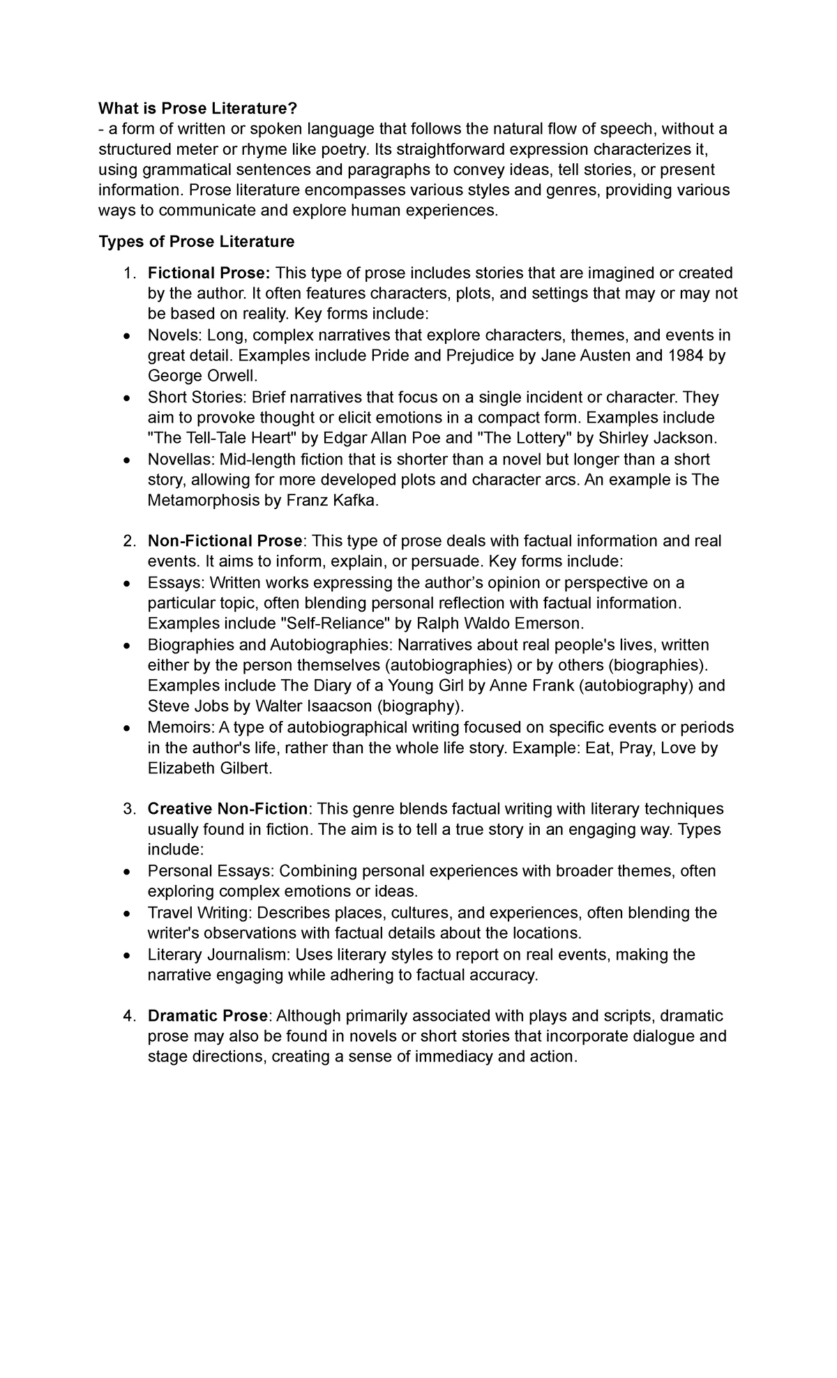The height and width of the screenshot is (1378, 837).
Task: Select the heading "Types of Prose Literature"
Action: pyautogui.click(x=197, y=242)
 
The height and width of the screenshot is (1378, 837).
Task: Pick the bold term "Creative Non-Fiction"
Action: pyautogui.click(x=227, y=809)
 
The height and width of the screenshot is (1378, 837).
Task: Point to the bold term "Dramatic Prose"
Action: pyautogui.click(x=208, y=1015)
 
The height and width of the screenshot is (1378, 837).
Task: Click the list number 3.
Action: pyautogui.click(x=128, y=809)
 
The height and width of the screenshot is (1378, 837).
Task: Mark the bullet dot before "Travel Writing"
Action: pyautogui.click(x=126, y=914)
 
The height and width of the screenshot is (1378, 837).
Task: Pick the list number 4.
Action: pyautogui.click(x=128, y=1015)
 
